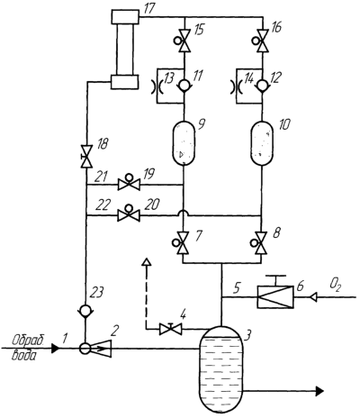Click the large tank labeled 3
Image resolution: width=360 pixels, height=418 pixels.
221,369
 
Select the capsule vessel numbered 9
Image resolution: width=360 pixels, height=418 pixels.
184,142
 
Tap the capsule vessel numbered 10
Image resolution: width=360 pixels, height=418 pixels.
262,142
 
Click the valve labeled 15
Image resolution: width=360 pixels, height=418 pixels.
184,40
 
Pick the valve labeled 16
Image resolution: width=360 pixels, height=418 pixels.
262,40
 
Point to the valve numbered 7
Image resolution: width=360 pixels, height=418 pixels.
183,242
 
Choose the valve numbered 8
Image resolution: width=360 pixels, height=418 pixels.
261,242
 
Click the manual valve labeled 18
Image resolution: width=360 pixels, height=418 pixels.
86,157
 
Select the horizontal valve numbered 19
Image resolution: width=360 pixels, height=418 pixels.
129,183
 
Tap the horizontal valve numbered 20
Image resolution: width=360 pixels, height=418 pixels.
129,214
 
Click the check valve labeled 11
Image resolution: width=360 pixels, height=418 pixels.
184,86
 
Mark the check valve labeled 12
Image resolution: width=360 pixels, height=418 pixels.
263,86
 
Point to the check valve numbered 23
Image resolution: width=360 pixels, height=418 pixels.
85,311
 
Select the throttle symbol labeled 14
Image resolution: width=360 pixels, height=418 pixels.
236,87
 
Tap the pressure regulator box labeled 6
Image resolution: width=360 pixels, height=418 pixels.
275,296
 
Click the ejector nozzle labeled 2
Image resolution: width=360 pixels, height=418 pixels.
101,349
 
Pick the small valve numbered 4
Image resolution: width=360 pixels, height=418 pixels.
170,329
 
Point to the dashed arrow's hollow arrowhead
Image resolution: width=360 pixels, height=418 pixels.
146,262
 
